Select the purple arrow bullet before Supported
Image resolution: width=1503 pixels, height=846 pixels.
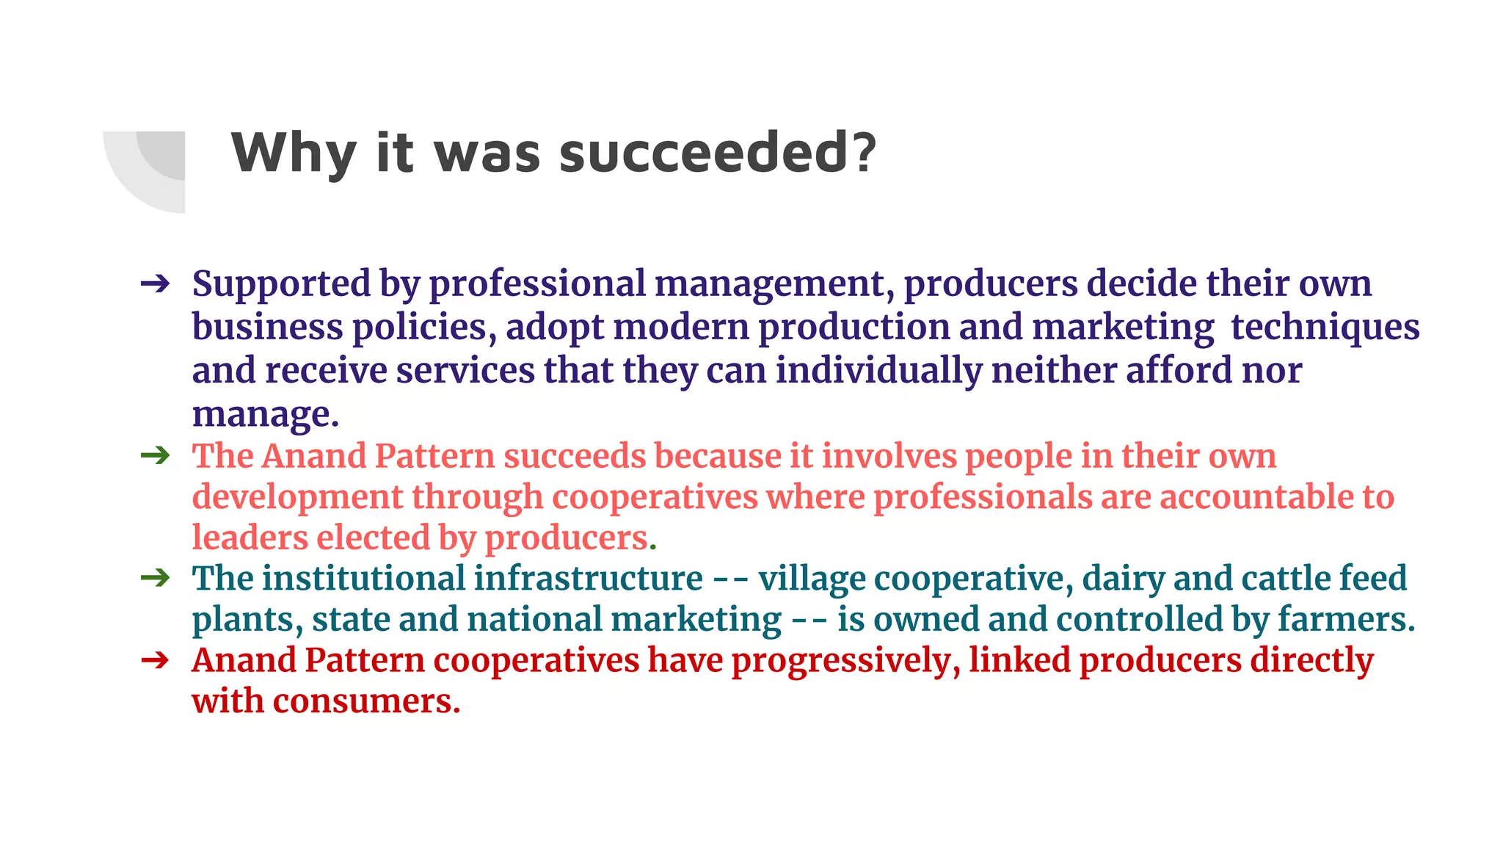[x=155, y=284]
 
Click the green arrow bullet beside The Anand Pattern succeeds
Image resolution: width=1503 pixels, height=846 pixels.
[x=155, y=456]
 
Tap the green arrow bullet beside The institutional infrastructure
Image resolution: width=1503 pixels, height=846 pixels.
[x=155, y=579]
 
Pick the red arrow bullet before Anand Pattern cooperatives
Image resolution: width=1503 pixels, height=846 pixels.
[x=155, y=660]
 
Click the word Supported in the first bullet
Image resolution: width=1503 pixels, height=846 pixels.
[x=282, y=284]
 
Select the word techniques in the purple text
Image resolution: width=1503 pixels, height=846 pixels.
[x=1325, y=328]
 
